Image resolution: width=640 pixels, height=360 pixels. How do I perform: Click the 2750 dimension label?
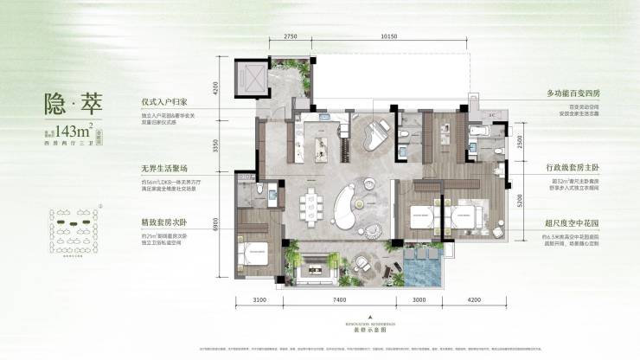tap(290, 37)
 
